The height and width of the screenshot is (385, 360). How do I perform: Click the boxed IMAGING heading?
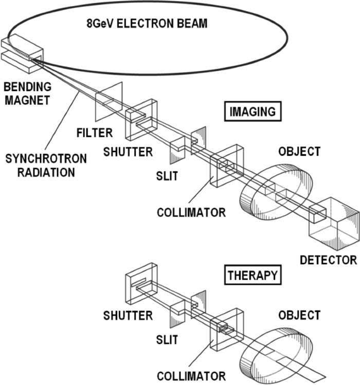(x=251, y=112)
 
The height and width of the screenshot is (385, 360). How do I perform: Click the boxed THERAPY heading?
(x=252, y=275)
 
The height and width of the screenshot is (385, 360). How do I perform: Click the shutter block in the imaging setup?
(x=141, y=119)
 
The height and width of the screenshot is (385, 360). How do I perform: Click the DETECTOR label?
(x=328, y=260)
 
